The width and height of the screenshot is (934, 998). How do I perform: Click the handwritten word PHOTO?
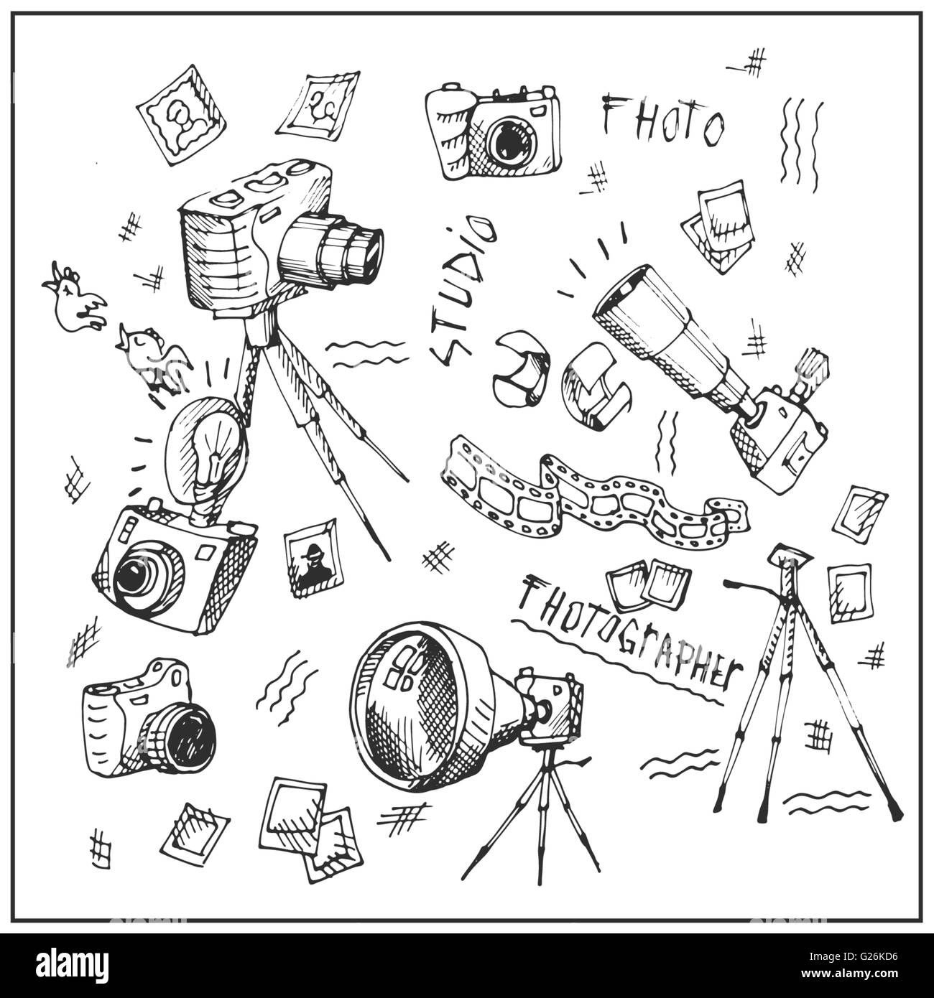(661, 122)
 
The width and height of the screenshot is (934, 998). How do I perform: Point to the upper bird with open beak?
(75, 302)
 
